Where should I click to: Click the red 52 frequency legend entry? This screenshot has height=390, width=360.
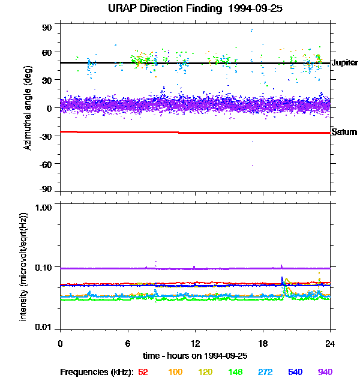pyautogui.click(x=143, y=372)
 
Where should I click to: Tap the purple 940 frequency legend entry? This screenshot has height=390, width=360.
pyautogui.click(x=325, y=372)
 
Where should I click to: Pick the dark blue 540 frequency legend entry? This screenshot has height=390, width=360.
pyautogui.click(x=295, y=372)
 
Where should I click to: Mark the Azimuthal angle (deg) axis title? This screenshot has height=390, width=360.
pyautogui.click(x=28, y=107)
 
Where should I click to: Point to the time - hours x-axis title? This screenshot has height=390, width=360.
pyautogui.click(x=195, y=356)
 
